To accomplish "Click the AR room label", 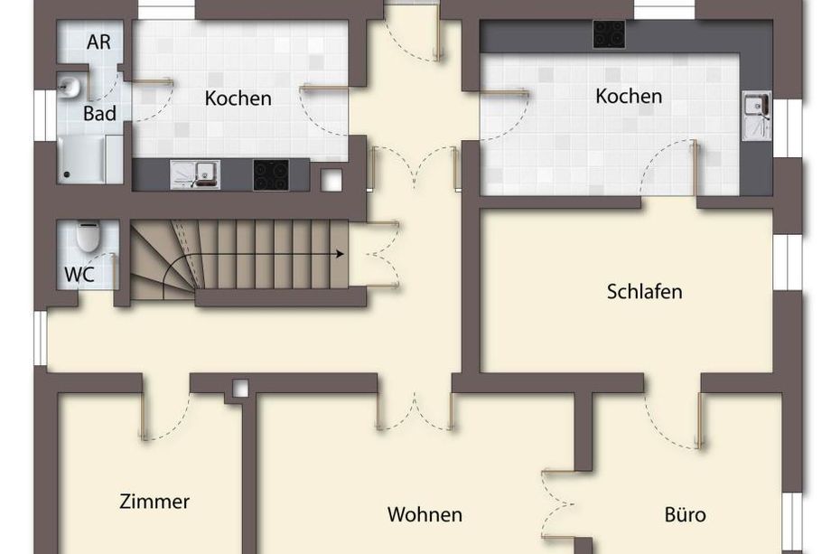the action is point(98,42).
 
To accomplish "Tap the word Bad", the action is point(99,114).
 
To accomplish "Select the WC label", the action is point(79,275).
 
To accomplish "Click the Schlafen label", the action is point(644,292).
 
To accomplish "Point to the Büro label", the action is point(685,515).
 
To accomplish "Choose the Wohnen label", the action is point(425,514).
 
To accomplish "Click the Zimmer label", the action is point(154,502).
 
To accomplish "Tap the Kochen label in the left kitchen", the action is point(238,99).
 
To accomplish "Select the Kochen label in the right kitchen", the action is point(629,96).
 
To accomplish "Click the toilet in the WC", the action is point(88,236).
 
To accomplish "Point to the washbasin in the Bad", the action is point(68,87).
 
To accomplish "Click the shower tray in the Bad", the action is point(82,159).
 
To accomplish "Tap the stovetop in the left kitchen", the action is point(271,175).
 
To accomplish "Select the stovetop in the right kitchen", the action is point(609,34).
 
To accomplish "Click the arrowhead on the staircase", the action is point(340,255).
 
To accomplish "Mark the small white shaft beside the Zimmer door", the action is point(240,390).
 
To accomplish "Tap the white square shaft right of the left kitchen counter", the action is point(331,181).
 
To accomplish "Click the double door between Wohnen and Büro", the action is point(558,503).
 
